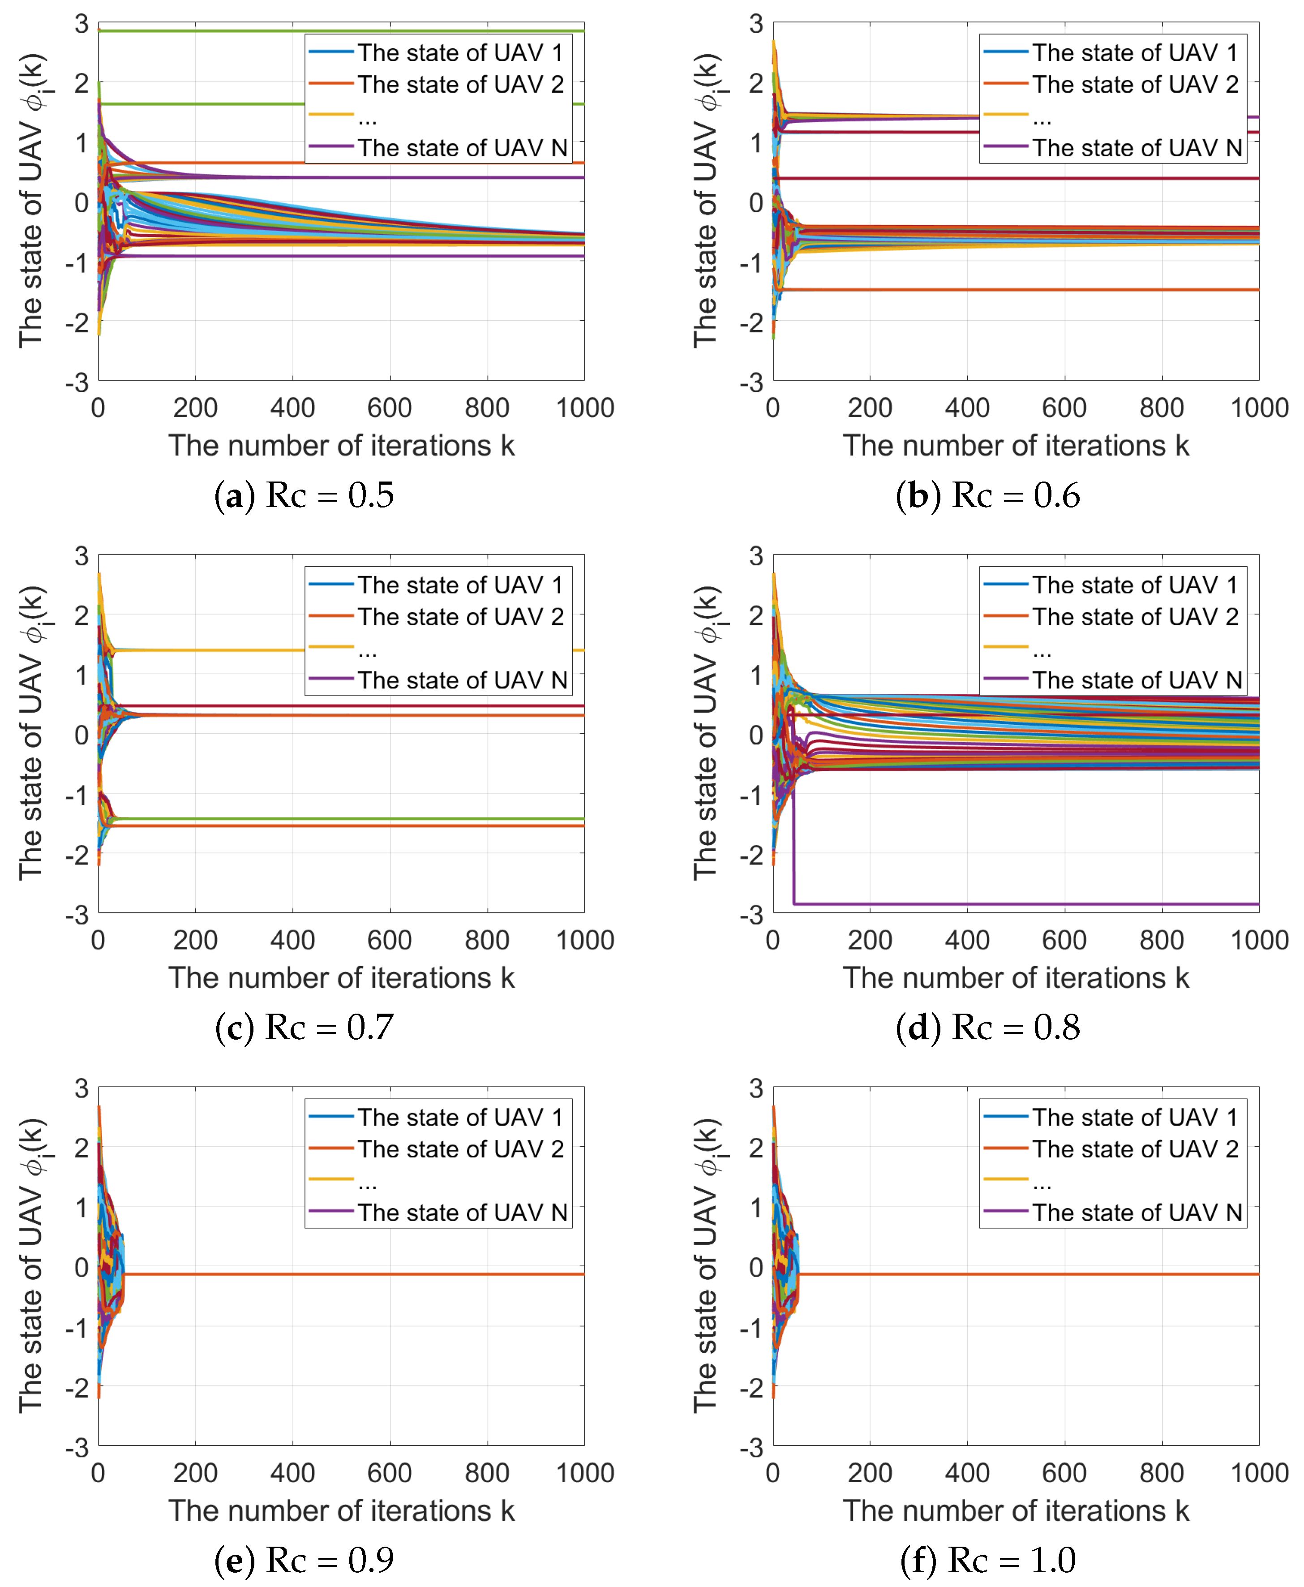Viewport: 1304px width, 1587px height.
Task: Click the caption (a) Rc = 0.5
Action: [x=304, y=495]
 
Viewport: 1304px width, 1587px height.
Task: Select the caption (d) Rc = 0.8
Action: [x=988, y=1027]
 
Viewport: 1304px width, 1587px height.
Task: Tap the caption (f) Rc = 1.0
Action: [x=988, y=1560]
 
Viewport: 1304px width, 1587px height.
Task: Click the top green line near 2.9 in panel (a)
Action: [x=376, y=31]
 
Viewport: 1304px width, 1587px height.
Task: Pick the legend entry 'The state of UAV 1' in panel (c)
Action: [x=460, y=585]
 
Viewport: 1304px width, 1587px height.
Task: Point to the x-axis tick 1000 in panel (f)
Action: [x=1259, y=1473]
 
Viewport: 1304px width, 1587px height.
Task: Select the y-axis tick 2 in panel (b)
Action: [x=755, y=83]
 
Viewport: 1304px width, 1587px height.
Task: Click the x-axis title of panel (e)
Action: [x=342, y=1510]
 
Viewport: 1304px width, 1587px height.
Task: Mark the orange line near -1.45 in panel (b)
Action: [x=1051, y=289]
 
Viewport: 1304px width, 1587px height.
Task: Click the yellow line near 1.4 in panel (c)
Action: [x=376, y=650]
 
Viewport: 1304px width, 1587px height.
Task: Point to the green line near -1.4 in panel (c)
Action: [x=376, y=818]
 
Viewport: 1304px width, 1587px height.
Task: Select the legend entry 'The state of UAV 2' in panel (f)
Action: [x=1134, y=1149]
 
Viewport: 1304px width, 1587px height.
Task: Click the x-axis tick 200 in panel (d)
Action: [x=870, y=940]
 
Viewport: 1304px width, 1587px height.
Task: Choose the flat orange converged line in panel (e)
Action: [x=376, y=1274]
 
